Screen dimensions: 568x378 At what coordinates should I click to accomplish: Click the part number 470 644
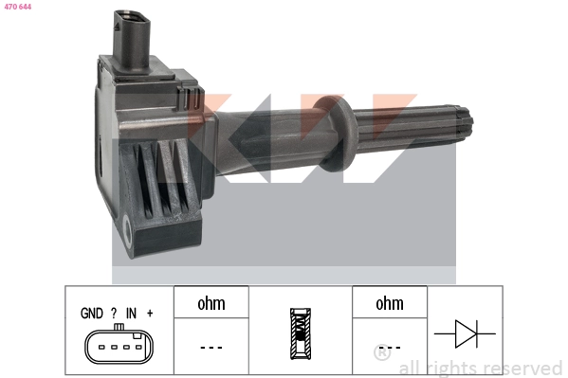pos(18,7)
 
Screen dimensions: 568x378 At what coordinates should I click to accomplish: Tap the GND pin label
pos(92,314)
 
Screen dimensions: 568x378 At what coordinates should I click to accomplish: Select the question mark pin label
pos(114,314)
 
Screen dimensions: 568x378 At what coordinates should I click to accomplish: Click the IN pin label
pos(131,314)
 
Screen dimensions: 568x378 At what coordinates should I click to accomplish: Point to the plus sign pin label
pos(150,313)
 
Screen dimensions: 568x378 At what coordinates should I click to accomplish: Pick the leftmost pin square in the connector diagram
pos(101,348)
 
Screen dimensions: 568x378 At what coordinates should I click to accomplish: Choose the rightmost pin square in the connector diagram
pos(138,348)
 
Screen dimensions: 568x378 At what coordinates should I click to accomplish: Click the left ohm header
pos(211,303)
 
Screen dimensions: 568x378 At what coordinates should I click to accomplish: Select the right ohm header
pos(390,303)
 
